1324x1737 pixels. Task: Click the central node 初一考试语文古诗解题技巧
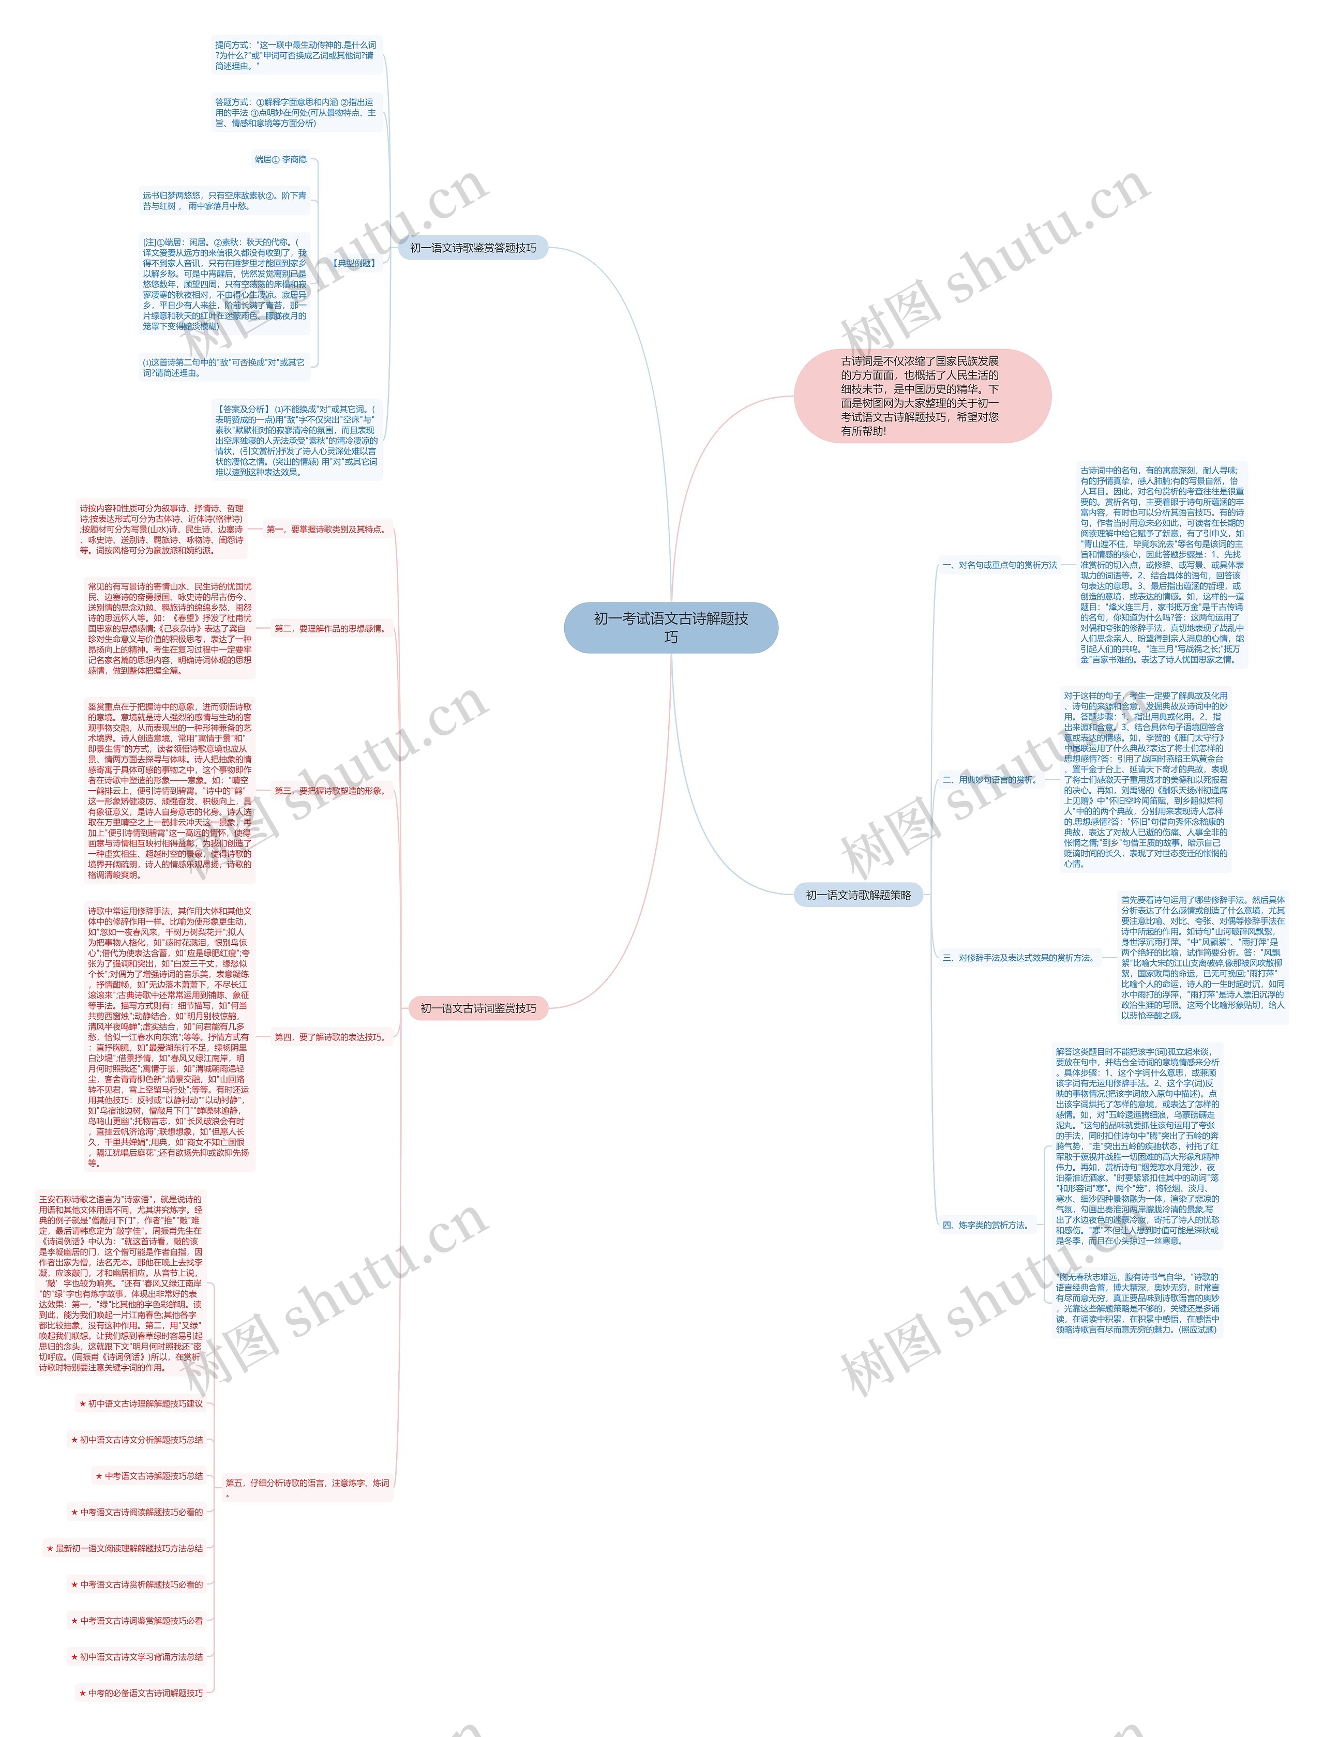[x=671, y=627]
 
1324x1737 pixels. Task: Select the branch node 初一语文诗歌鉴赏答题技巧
[x=472, y=248]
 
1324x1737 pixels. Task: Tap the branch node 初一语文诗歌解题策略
[x=857, y=895]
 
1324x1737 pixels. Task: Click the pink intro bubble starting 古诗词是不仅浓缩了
[x=921, y=396]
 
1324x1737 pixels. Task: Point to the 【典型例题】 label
[x=354, y=263]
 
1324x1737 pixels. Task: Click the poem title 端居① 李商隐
[x=280, y=160]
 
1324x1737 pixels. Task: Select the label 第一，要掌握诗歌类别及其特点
[x=325, y=530]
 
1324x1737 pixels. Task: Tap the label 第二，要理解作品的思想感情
[x=329, y=629]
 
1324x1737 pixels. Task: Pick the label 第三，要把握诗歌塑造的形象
[x=329, y=791]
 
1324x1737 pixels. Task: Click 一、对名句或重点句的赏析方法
[x=999, y=565]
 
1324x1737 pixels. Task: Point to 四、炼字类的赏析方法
[x=986, y=1225]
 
